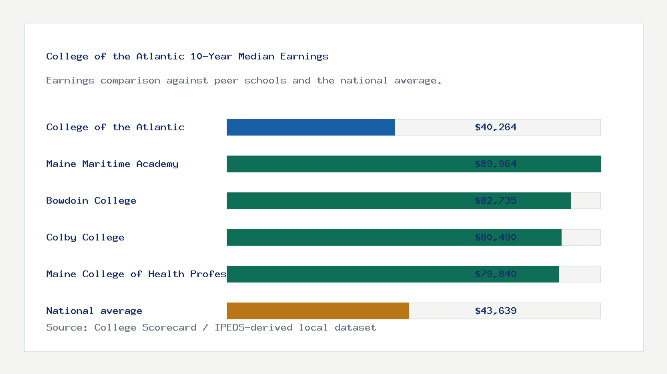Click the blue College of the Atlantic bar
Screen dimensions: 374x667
[x=311, y=127]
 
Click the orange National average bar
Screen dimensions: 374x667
[x=317, y=311]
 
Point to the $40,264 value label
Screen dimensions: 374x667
[x=496, y=127]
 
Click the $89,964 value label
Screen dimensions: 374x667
[x=496, y=164]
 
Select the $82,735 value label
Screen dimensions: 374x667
[x=496, y=200]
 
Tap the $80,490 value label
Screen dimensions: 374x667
[x=496, y=237]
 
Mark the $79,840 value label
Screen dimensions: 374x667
[x=496, y=274]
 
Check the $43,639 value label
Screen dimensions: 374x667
[x=496, y=311]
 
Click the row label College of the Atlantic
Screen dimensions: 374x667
[x=115, y=127]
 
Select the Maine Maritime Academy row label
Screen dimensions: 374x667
[x=112, y=164]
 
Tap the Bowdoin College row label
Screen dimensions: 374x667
[x=91, y=200]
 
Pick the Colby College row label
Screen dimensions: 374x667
[x=85, y=237]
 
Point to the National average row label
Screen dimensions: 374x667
[x=94, y=311]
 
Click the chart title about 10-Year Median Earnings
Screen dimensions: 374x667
[x=187, y=56]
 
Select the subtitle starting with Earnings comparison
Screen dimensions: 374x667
[x=244, y=80]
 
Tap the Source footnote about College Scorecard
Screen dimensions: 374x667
[x=211, y=327]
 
